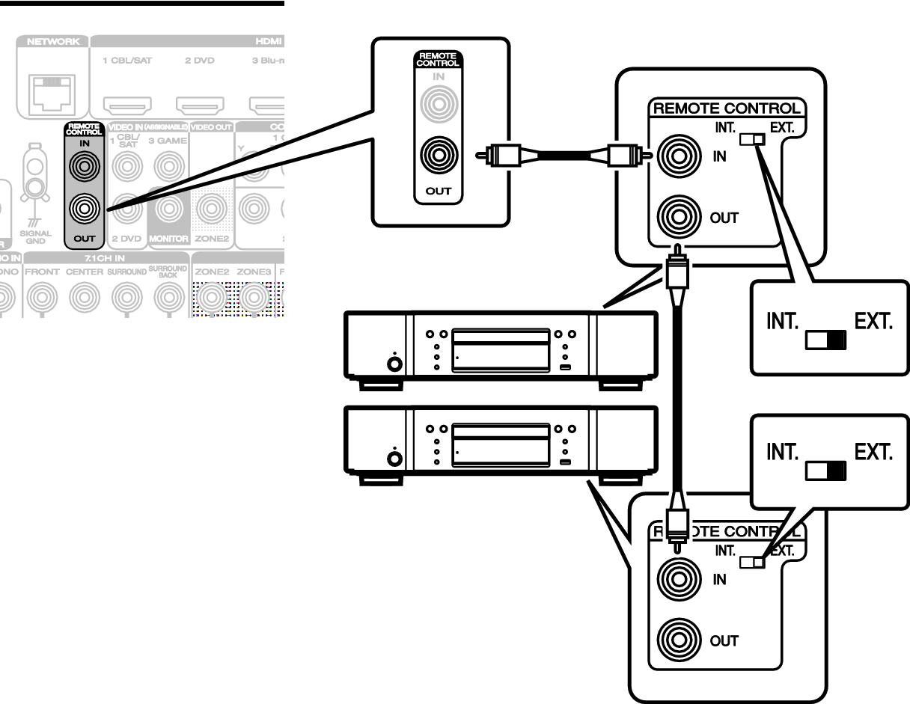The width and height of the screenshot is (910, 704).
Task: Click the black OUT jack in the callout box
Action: pos(439,156)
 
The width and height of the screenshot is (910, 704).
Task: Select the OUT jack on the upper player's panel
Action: pos(679,218)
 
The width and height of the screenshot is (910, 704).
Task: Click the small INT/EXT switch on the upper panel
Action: pos(752,139)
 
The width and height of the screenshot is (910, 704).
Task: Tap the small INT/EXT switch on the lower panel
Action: pos(752,563)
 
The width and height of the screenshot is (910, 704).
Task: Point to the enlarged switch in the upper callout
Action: pos(825,341)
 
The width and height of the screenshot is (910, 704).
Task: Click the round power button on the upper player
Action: pos(393,364)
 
